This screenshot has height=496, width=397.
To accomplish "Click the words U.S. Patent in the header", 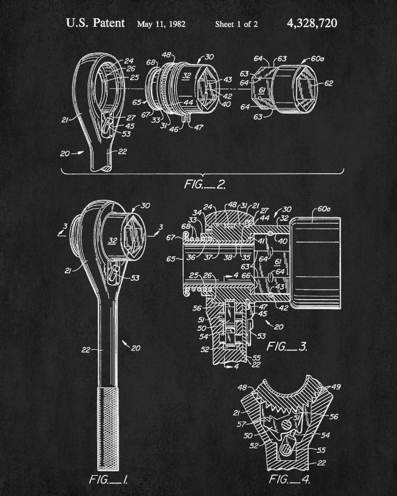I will [95, 23].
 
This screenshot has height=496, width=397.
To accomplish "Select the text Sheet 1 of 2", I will [236, 24].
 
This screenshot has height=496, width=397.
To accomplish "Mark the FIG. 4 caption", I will [283, 480].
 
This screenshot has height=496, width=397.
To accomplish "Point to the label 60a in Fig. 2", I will [317, 58].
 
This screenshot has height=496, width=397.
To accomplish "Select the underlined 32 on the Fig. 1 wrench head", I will [113, 241].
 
